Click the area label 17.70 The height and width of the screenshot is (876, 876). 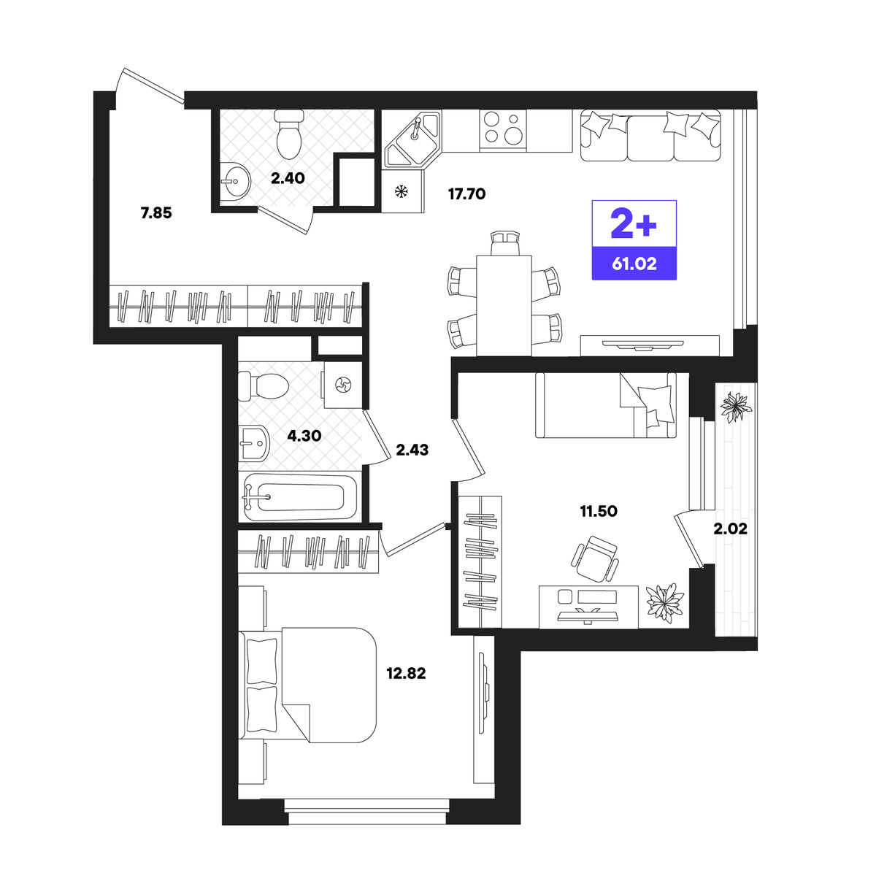466,194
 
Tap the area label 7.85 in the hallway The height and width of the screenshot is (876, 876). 156,212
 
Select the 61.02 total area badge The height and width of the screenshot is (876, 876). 634,264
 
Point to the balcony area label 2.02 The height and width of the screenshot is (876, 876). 730,529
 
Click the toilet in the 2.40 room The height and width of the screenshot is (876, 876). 289,133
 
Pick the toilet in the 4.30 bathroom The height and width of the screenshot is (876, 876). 264,386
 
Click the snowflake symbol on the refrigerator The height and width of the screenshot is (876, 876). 401,192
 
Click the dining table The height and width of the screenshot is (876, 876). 504,305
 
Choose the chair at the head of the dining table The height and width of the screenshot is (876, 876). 504,243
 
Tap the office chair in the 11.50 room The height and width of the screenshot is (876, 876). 595,558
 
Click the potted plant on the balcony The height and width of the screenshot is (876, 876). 735,406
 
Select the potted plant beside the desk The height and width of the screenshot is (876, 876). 664,603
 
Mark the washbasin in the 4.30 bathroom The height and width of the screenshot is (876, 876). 254,443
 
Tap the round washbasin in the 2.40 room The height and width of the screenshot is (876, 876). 236,182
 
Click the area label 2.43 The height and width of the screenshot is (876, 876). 412,450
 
